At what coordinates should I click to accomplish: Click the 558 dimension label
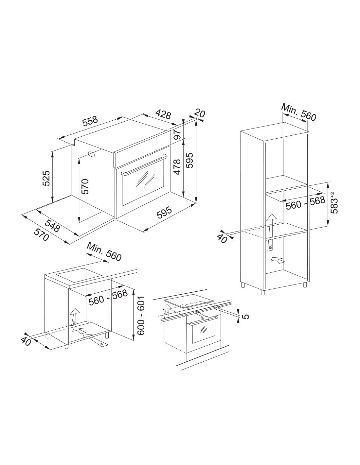tap(90, 121)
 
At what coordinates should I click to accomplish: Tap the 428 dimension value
tap(163, 114)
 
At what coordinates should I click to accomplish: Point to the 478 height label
tap(177, 167)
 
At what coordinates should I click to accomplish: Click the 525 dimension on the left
tap(46, 178)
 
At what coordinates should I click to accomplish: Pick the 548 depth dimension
tap(52, 226)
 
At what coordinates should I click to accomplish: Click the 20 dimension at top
tap(200, 113)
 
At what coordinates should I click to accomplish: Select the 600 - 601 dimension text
tap(141, 316)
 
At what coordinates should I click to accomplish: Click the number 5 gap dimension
tap(246, 317)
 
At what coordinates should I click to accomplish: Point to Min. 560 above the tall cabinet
tap(299, 112)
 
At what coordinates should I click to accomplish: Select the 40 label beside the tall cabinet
tap(223, 238)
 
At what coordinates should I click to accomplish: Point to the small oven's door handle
tap(204, 324)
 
